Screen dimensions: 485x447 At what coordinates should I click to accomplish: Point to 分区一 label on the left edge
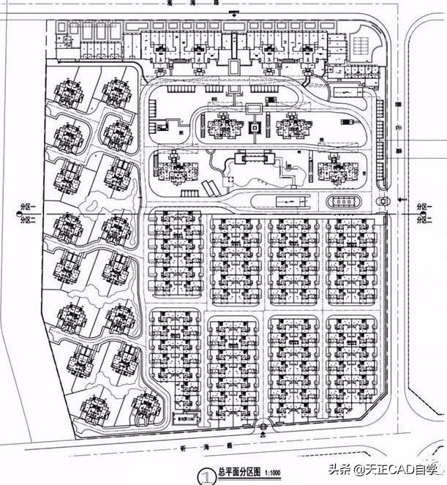(28, 208)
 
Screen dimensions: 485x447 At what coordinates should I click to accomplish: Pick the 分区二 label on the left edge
(28, 219)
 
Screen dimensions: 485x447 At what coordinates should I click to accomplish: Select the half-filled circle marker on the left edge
(15, 213)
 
